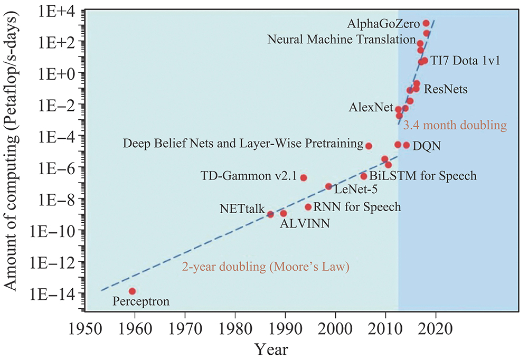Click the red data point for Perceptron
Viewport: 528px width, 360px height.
tap(132, 291)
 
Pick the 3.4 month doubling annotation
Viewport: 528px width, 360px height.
tap(455, 126)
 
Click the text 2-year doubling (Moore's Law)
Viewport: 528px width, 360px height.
tap(266, 267)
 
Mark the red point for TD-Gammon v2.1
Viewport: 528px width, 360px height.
tap(304, 177)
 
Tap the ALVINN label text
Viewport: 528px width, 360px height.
tap(305, 223)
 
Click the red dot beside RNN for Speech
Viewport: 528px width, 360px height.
tap(308, 207)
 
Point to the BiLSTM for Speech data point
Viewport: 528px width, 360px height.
tap(363, 176)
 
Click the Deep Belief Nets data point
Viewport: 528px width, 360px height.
tap(369, 146)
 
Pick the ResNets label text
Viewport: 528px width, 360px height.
tap(446, 89)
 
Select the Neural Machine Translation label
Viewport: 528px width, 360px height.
tap(341, 40)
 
